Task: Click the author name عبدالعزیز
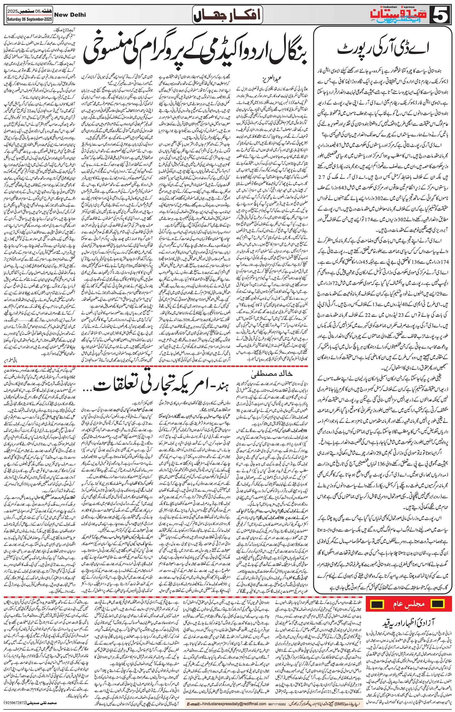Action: point(263,79)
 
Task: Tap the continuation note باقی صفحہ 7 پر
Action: point(14,360)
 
